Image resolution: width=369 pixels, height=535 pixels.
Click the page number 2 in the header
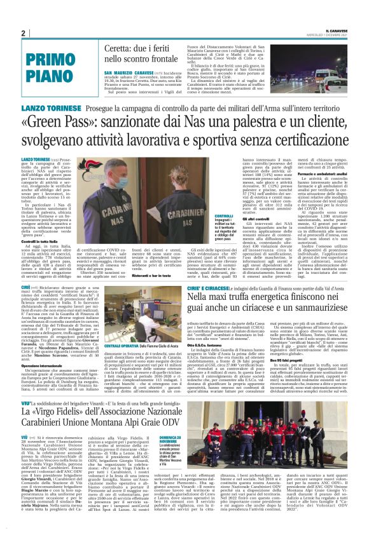[23, 33]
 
